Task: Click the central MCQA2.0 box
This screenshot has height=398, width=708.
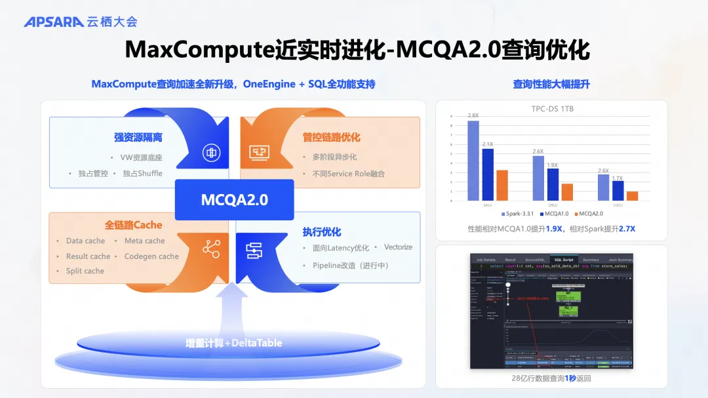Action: [x=234, y=199]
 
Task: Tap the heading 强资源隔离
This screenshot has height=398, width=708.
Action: [x=138, y=137]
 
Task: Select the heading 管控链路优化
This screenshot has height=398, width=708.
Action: [x=331, y=137]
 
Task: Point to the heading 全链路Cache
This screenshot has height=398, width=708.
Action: [x=133, y=225]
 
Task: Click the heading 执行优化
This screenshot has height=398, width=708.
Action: [x=322, y=231]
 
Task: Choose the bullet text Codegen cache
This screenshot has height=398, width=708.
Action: [x=151, y=256]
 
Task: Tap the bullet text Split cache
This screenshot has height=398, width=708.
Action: [x=85, y=271]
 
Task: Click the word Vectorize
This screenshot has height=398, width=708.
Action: [x=398, y=247]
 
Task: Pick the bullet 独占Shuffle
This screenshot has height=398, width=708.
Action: [x=142, y=174]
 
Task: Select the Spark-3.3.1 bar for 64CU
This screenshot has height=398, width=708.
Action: [x=473, y=161]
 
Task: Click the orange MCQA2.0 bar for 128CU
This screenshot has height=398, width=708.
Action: [x=567, y=192]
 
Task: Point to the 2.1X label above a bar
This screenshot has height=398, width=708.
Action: [x=488, y=144]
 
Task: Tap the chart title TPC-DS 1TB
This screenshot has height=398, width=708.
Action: [x=552, y=109]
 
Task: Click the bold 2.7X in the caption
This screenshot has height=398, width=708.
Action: [x=627, y=229]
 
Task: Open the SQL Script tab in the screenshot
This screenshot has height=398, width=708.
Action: [x=563, y=260]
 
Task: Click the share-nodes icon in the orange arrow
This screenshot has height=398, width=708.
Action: [x=211, y=249]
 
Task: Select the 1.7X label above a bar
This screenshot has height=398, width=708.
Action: [x=618, y=178]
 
